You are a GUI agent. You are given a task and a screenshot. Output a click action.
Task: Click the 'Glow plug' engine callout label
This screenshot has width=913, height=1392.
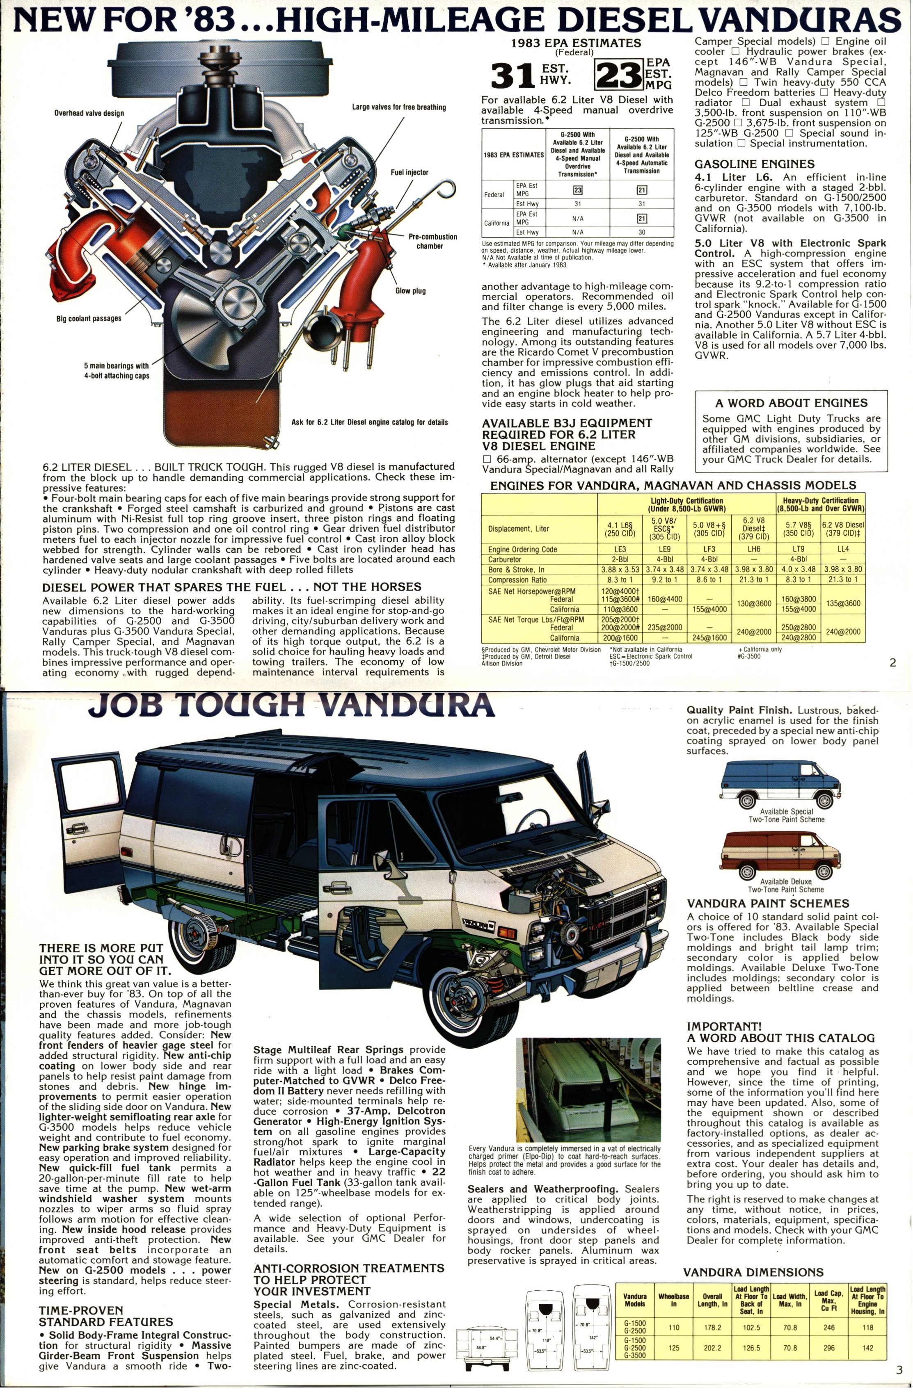point(410,291)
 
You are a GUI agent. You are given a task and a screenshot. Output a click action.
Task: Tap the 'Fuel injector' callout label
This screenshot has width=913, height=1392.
point(410,173)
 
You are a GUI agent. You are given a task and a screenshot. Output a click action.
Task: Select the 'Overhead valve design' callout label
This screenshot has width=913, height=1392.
point(89,113)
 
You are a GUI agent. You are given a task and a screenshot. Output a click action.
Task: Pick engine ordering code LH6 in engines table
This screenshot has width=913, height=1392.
point(754,549)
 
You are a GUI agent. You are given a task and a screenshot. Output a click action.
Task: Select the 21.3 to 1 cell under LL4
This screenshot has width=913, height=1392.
point(843,580)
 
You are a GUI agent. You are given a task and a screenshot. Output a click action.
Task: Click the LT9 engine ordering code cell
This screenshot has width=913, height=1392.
point(798,549)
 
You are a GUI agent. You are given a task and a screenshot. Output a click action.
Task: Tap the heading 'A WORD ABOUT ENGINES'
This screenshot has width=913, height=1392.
point(791,403)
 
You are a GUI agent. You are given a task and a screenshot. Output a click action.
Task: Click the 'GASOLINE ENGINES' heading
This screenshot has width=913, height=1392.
point(754,164)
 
